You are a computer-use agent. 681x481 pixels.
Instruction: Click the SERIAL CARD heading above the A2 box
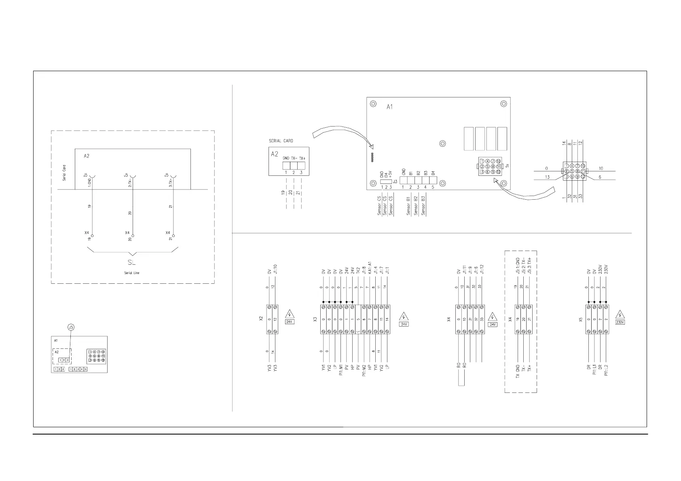pos(281,141)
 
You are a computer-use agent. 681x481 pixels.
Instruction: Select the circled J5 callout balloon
pos(71,327)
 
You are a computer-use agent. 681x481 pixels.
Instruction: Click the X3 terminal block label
pos(315,319)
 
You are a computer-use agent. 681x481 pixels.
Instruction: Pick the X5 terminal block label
pos(580,319)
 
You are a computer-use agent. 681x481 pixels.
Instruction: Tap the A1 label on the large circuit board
pos(389,107)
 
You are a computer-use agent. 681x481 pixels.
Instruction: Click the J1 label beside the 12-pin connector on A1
pos(507,166)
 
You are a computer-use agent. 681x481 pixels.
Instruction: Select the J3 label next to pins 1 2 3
pos(395,181)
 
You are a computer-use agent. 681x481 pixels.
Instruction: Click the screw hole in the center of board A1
pos(442,143)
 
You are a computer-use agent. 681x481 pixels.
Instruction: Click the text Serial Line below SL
pos(132,273)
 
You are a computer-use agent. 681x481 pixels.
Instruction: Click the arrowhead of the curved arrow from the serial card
pos(371,148)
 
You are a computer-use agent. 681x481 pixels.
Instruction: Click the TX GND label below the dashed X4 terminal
pos(517,371)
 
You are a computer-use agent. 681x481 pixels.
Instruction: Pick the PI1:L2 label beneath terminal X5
pos(606,369)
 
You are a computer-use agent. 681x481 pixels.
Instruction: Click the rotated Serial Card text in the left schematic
pos(65,173)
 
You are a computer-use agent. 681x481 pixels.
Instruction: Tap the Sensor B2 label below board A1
pos(416,205)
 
